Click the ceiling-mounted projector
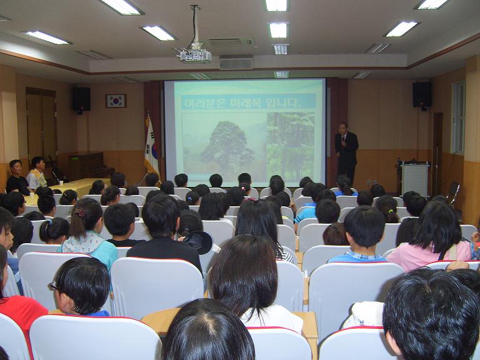coord(195,55)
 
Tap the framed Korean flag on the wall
coord(116,101)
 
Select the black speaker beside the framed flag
coord(81,99)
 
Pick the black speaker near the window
coord(422,94)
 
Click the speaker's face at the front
coord(343,128)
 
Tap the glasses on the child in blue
coord(53,286)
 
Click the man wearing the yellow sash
coord(36,174)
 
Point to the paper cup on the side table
coord(61,183)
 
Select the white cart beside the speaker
coord(414,179)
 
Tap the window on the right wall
coord(458,117)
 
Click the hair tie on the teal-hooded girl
coord(81,212)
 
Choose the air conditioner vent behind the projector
coord(232,42)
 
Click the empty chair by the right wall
coord(453,193)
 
